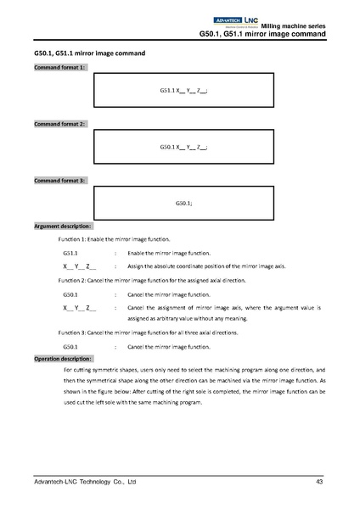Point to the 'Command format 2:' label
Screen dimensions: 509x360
[59, 124]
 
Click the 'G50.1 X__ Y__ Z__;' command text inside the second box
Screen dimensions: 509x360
[183, 147]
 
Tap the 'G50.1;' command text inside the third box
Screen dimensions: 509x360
[183, 204]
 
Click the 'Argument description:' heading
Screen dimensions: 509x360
[64, 227]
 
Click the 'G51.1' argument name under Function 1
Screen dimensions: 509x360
[70, 254]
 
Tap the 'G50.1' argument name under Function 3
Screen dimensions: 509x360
[70, 348]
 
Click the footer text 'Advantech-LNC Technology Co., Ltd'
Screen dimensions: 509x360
[80, 483]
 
